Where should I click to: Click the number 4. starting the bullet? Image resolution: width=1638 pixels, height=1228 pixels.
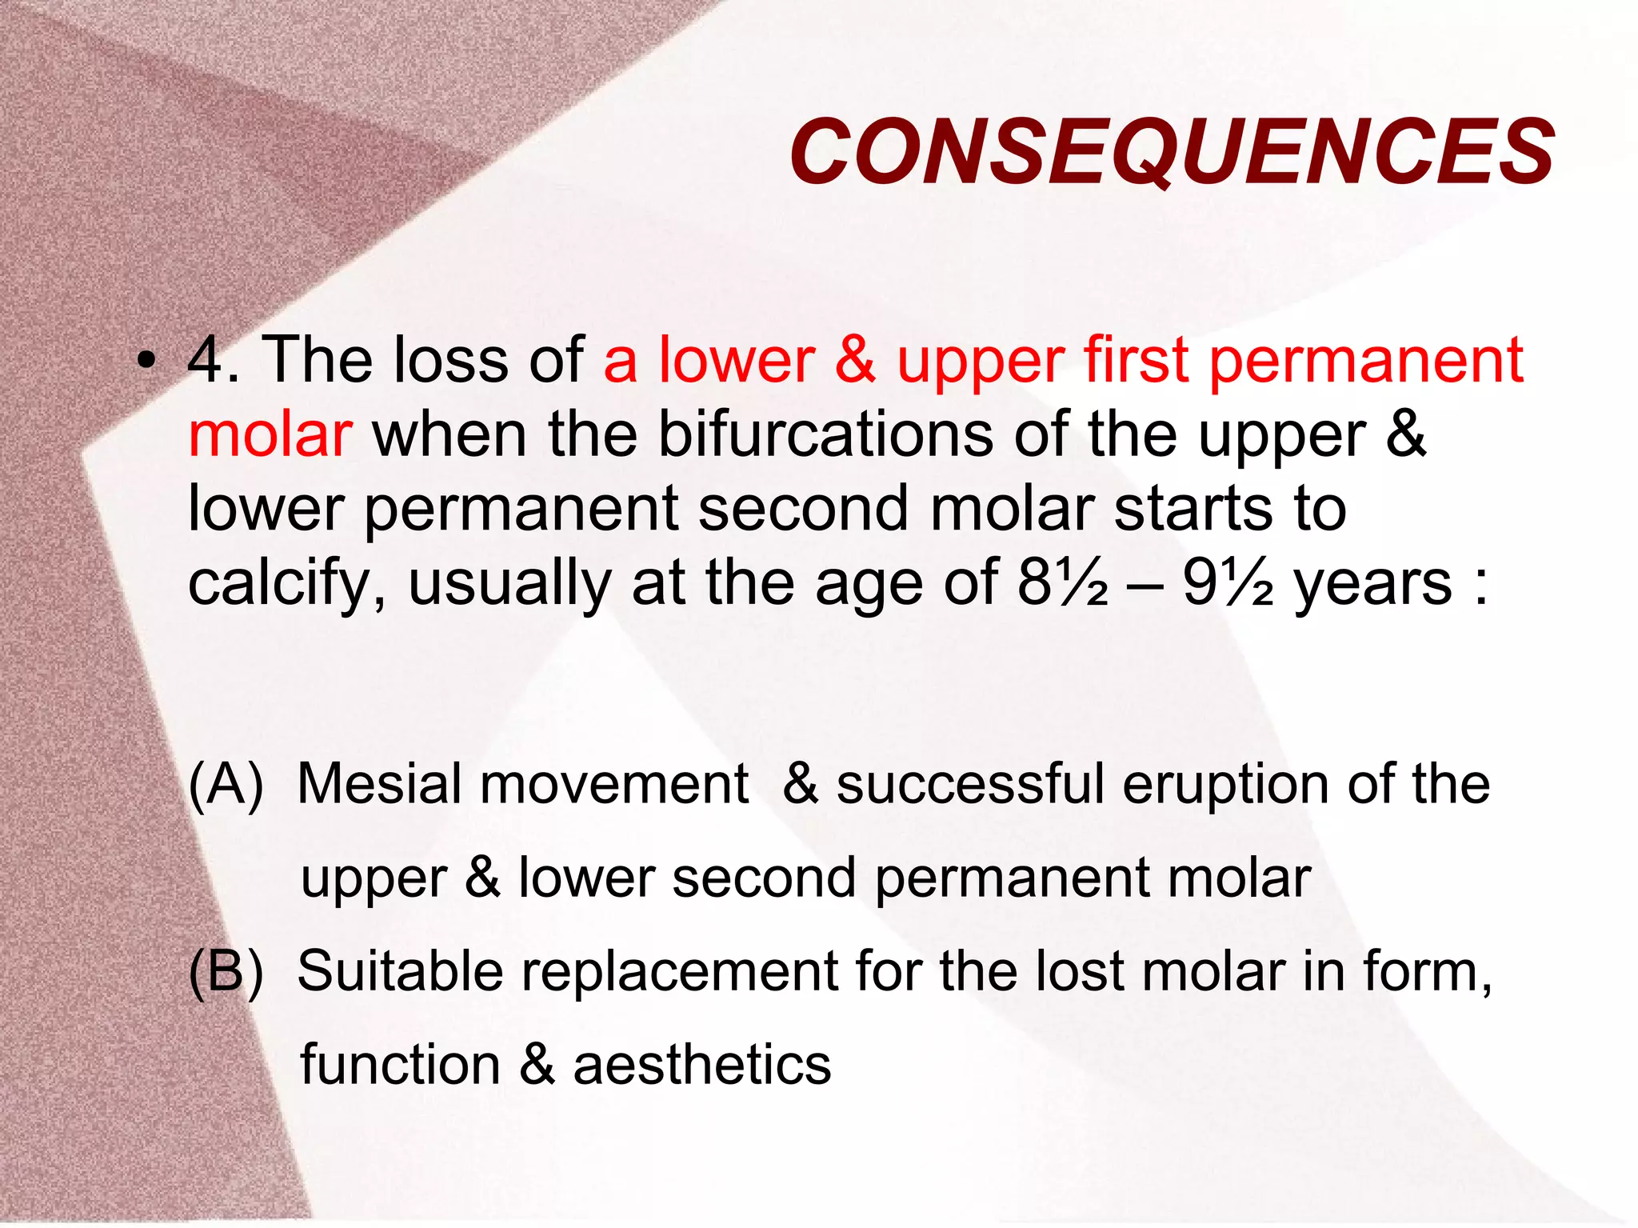tap(213, 360)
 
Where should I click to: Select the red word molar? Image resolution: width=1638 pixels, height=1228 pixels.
tap(270, 435)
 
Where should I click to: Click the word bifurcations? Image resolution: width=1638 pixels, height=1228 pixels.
tap(825, 435)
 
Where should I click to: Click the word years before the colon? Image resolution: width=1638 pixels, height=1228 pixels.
tap(1372, 584)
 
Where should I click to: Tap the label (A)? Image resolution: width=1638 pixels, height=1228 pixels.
tap(226, 784)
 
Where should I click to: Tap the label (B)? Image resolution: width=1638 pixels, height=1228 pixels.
tap(226, 972)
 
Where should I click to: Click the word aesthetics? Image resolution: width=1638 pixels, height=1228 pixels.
tap(702, 1065)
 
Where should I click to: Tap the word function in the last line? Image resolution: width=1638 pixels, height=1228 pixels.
tap(400, 1065)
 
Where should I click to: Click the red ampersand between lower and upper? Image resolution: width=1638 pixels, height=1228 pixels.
tap(855, 360)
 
